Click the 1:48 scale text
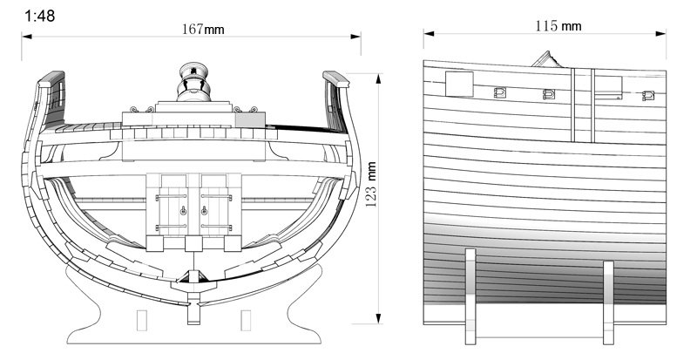tap(39, 16)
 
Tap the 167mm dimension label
tap(203, 30)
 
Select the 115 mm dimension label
tap(558, 26)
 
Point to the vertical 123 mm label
tap(371, 184)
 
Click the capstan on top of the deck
tap(193, 81)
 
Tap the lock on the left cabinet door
tap(183, 210)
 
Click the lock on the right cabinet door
tap(205, 210)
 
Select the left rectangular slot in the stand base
tap(142, 321)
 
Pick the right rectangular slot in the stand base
tap(246, 321)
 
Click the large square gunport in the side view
tap(460, 84)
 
